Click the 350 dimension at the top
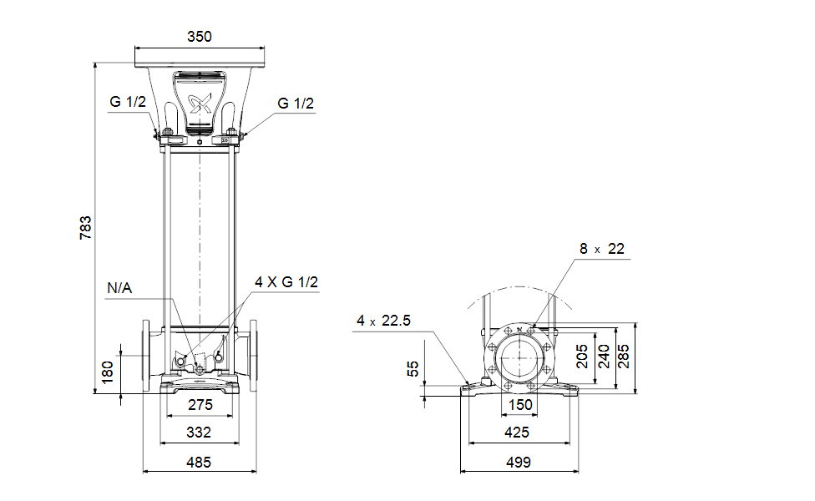click(200, 37)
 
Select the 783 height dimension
click(85, 228)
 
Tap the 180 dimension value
click(107, 372)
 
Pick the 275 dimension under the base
click(200, 405)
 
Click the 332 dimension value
click(199, 433)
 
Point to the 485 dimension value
click(199, 462)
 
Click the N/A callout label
click(119, 288)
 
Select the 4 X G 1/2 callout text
click(286, 282)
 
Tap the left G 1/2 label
click(128, 102)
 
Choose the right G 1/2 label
click(296, 104)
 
